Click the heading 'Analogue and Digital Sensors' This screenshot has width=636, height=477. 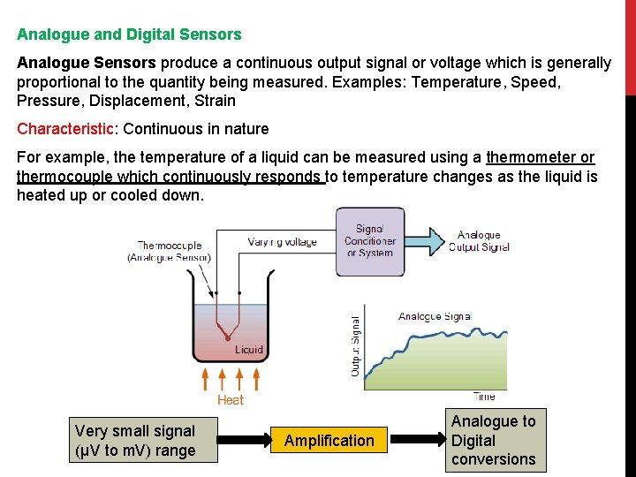point(129,35)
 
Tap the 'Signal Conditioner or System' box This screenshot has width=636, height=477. point(370,241)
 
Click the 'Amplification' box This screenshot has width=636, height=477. point(329,441)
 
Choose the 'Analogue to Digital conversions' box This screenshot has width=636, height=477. point(493,441)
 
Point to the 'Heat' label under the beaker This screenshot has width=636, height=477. point(230,400)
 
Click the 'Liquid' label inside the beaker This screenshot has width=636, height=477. point(249,350)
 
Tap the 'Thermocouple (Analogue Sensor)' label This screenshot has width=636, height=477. point(170,252)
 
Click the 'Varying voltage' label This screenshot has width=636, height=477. point(282,242)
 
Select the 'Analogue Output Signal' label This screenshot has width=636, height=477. point(480,241)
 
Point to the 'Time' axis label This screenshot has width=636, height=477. point(484,397)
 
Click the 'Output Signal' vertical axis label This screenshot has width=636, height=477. point(356,347)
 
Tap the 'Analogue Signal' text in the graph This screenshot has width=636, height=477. point(435,316)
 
